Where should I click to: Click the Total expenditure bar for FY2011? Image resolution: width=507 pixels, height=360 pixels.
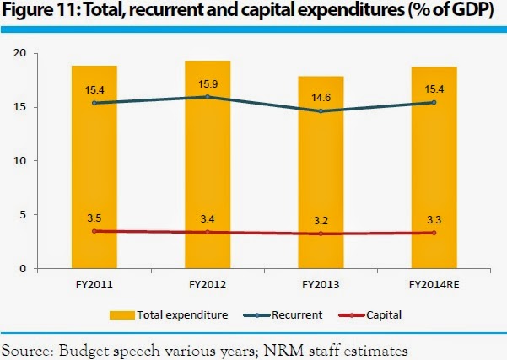pos(94,169)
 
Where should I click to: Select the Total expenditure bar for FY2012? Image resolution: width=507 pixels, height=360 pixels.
pos(208,169)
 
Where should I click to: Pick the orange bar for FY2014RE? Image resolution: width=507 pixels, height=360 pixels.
pos(434,169)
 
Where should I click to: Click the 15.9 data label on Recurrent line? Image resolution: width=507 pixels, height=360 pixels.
pos(208,85)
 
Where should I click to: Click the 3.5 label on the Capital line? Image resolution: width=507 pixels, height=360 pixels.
pos(94,218)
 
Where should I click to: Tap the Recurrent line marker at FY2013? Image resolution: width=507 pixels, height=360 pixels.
pos(321,111)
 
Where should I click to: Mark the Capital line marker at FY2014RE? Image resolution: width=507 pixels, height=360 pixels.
pos(434,233)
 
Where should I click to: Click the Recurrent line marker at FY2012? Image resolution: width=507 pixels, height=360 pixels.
pos(208,97)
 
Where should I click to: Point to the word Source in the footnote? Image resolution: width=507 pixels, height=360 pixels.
pos(25,347)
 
